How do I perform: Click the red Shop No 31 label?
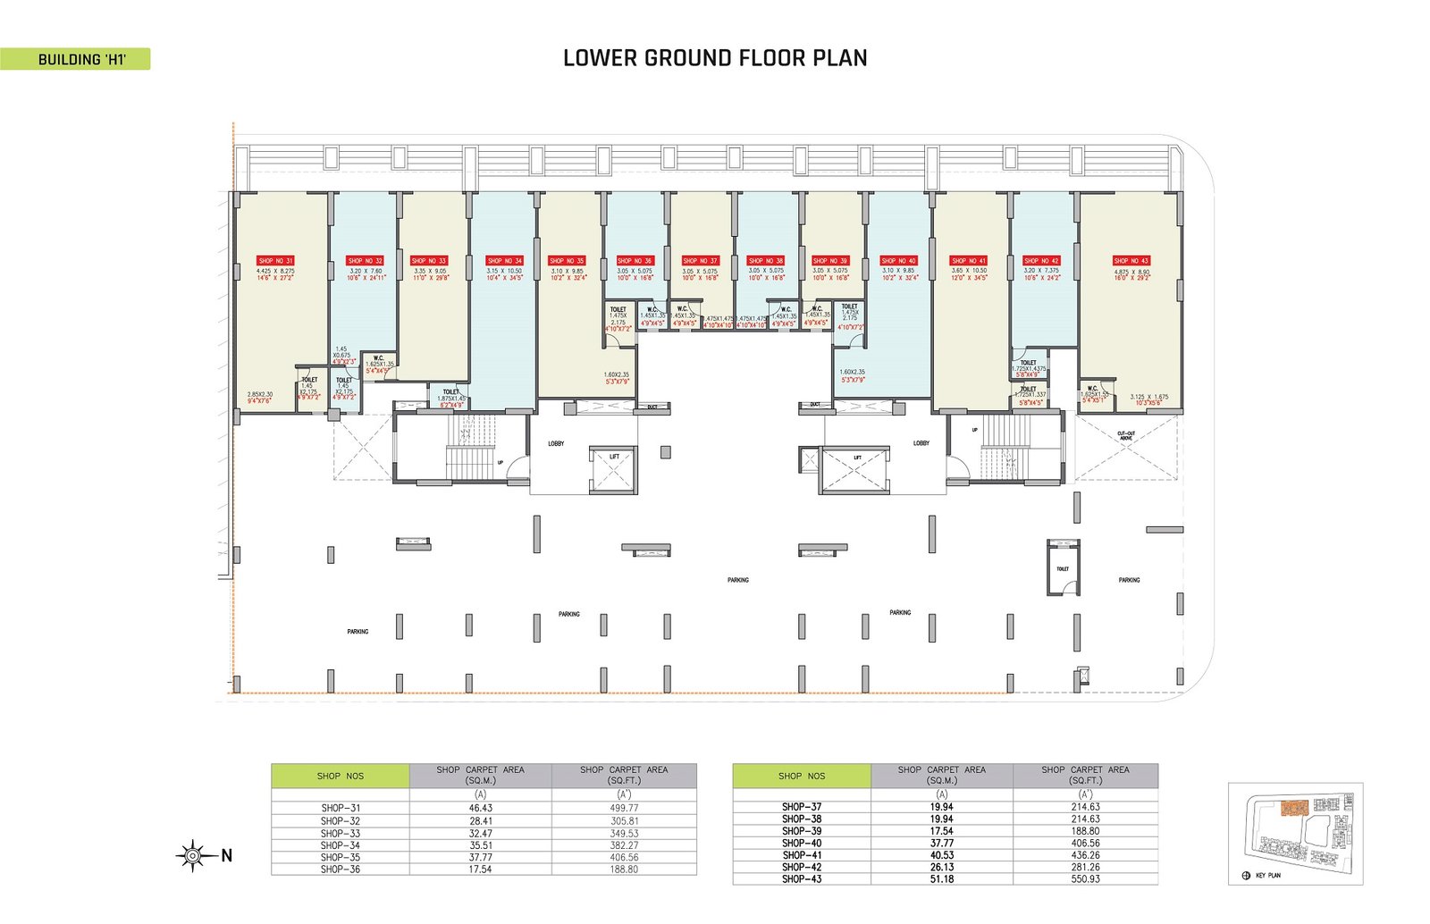click(x=275, y=261)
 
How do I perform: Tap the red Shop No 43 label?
click(x=1131, y=261)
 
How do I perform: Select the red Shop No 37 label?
click(x=701, y=261)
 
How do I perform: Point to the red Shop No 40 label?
click(x=898, y=261)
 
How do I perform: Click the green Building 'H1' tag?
click(x=80, y=60)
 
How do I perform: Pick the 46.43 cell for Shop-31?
click(x=480, y=808)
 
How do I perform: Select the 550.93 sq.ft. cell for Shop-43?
click(x=1085, y=879)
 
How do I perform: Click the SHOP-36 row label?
click(x=341, y=869)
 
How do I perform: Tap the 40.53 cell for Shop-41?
click(x=941, y=855)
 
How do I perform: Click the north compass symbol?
click(x=192, y=856)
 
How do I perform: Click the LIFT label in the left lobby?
click(x=614, y=457)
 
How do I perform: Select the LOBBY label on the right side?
click(x=921, y=443)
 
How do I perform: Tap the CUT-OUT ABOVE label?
click(x=1126, y=436)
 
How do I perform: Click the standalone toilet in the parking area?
click(x=1063, y=569)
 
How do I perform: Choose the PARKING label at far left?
click(x=357, y=632)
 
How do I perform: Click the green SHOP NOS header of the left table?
click(x=341, y=776)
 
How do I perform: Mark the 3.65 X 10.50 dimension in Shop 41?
click(x=969, y=271)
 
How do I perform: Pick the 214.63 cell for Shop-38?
click(x=1085, y=819)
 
